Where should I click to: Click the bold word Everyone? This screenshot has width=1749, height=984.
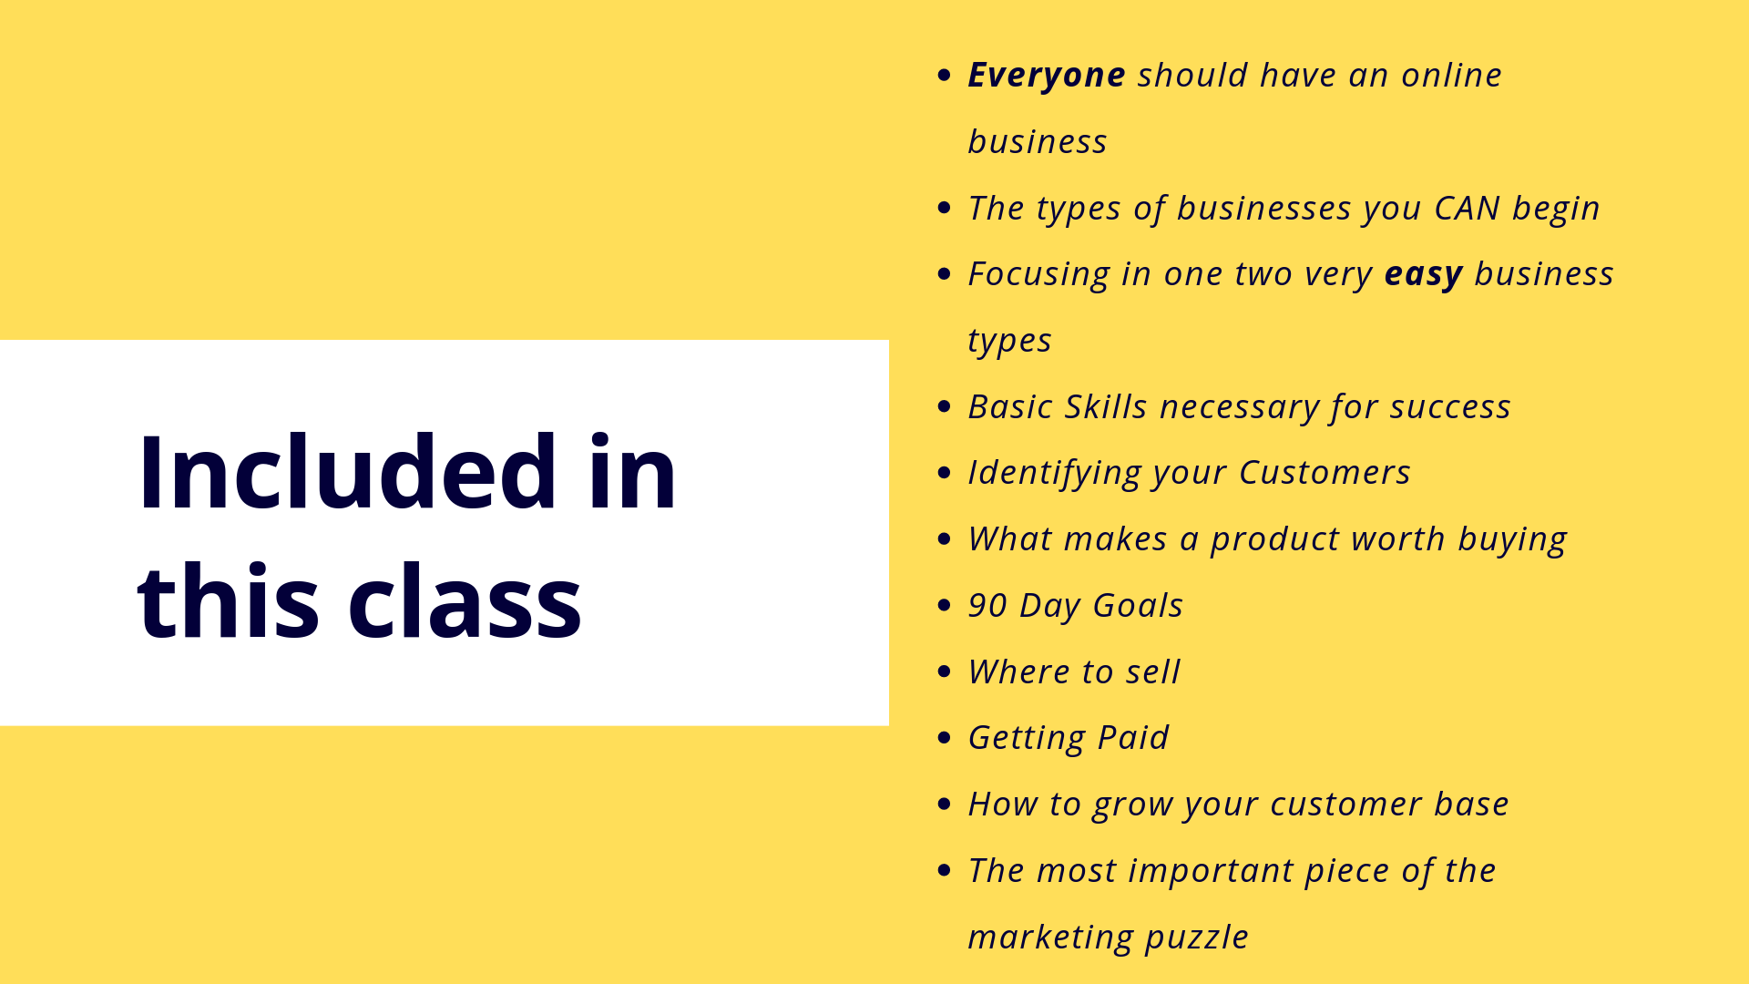tap(1047, 76)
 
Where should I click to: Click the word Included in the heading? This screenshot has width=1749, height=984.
tap(347, 472)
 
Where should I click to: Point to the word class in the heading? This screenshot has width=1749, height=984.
tap(465, 601)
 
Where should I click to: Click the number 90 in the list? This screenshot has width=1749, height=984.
tap(987, 606)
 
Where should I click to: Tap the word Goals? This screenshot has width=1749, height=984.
tap(1138, 606)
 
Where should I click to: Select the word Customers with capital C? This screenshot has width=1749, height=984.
tap(1325, 473)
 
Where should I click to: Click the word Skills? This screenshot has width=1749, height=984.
tap(1106, 406)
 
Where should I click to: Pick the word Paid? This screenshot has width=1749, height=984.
tap(1132, 737)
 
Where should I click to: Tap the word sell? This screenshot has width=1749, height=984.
tap(1152, 671)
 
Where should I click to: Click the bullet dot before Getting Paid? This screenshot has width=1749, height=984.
tap(944, 738)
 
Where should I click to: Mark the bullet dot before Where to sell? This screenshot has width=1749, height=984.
tap(944, 671)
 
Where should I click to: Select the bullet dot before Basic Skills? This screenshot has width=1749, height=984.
tap(944, 406)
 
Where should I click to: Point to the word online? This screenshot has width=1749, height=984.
tap(1452, 75)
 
